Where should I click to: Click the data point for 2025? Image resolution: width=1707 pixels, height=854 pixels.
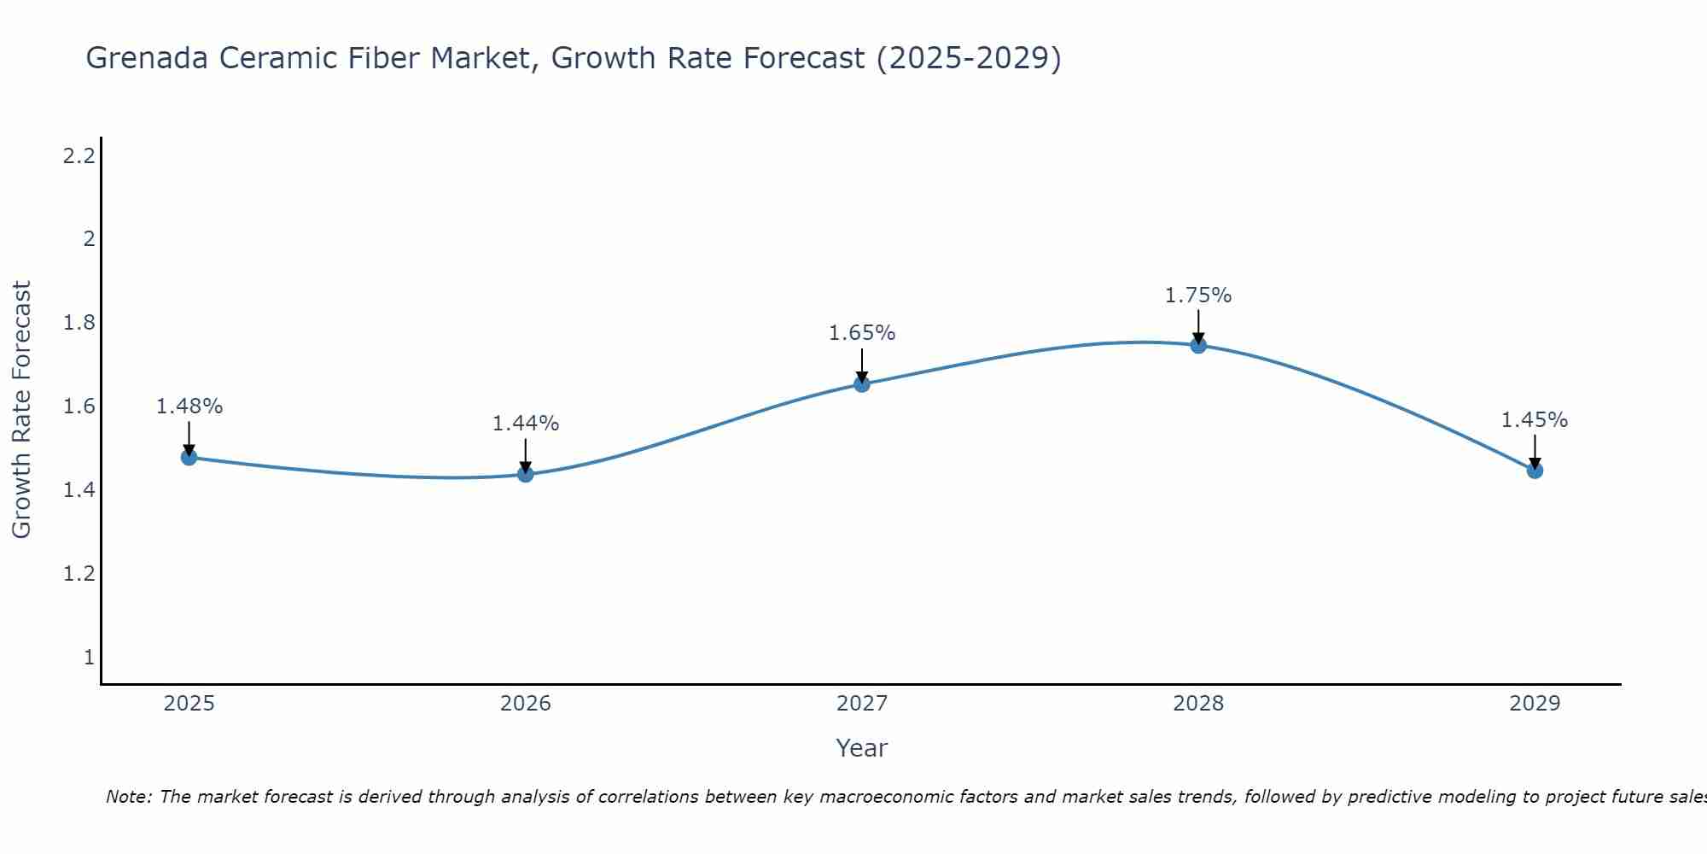(189, 457)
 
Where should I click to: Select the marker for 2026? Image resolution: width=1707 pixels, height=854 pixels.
(525, 474)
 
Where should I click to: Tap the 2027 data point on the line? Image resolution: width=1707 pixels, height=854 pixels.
(861, 384)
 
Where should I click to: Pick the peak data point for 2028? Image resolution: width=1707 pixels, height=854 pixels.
(1197, 345)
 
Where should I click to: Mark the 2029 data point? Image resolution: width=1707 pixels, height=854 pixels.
(1534, 470)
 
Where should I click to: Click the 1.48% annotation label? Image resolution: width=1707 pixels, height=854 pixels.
(189, 407)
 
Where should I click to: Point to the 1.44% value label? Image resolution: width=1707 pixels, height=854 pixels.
(525, 424)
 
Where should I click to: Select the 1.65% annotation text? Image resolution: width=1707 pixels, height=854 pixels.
(861, 333)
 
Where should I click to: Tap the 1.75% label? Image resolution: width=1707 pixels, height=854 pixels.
(1197, 295)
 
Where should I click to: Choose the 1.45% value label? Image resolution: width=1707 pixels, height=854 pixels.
(1534, 420)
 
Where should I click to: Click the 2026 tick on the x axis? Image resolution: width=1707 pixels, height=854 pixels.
(525, 704)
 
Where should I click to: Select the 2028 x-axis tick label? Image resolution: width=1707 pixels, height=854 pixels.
(1197, 704)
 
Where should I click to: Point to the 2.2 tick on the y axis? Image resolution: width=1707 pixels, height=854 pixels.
(79, 156)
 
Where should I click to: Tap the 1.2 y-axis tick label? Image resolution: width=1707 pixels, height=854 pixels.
(79, 573)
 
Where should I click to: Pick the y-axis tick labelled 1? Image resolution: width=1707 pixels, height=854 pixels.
(89, 657)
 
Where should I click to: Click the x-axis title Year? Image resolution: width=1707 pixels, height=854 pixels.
(861, 748)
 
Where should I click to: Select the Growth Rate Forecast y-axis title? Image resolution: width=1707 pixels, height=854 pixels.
(22, 410)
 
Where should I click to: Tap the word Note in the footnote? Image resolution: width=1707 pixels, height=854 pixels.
(128, 797)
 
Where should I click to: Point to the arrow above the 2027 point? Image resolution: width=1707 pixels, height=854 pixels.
(861, 365)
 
